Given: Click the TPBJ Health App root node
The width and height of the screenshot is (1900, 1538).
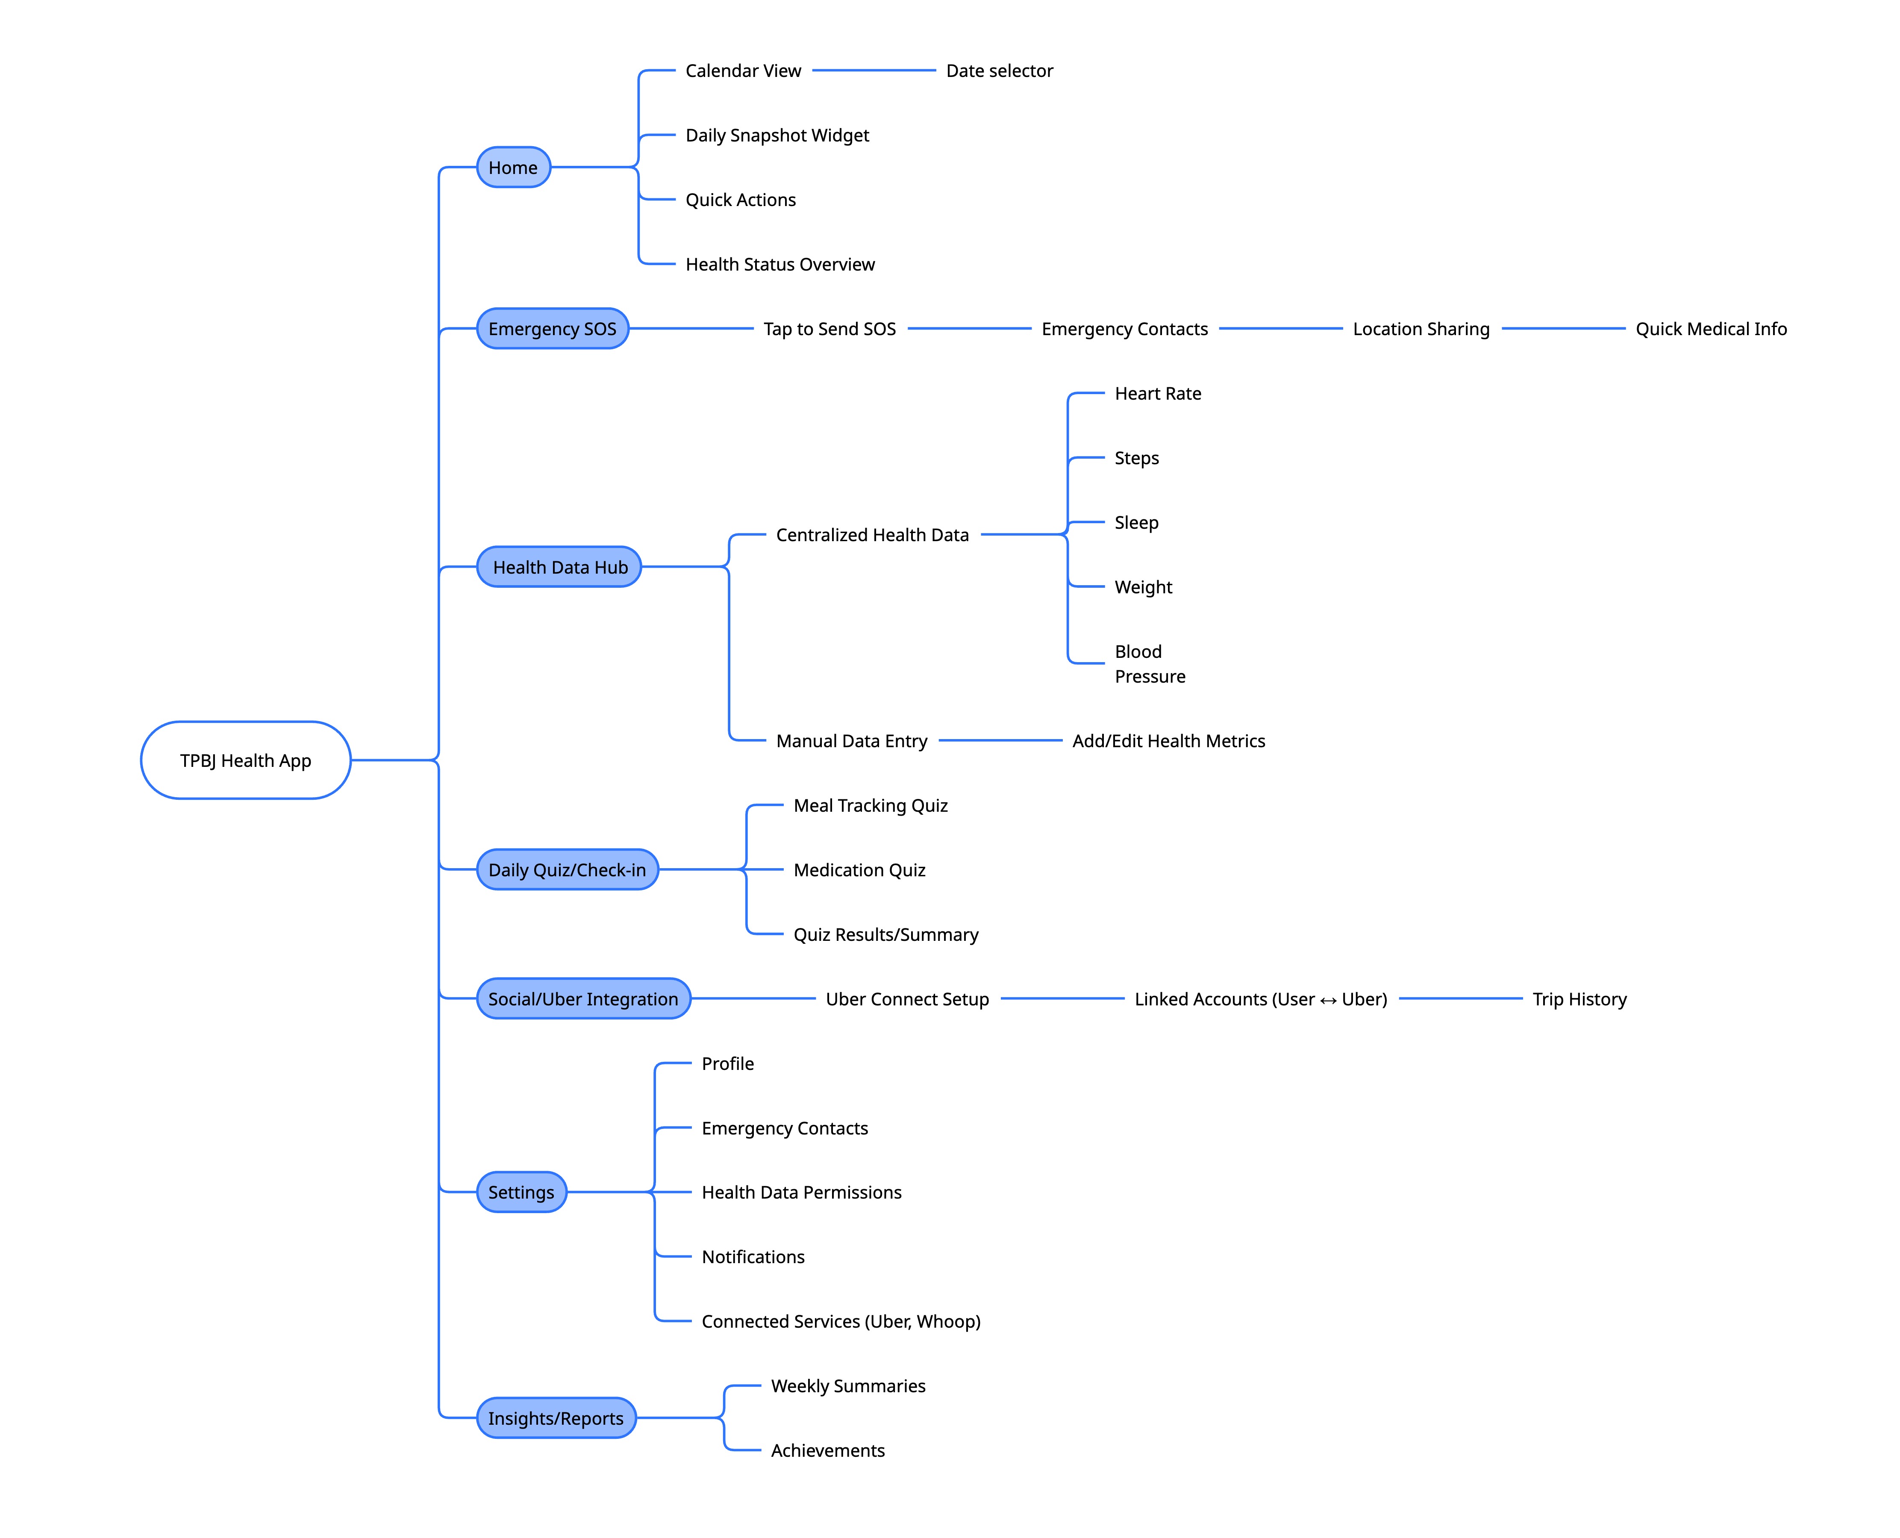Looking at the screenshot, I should point(245,760).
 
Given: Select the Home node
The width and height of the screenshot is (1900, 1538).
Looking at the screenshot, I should point(513,168).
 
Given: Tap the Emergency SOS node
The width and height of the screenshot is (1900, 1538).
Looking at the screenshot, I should point(552,329).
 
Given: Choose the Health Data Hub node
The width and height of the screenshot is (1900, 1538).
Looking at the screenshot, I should point(559,567).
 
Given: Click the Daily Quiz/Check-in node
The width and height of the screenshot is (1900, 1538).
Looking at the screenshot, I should point(567,870).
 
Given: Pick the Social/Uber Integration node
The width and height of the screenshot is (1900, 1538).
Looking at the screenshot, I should point(583,999).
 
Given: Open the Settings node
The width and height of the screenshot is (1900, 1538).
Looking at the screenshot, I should point(521,1193).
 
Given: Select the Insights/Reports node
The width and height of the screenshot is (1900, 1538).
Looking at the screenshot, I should point(556,1418).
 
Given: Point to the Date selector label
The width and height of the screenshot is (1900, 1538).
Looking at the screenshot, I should point(999,71).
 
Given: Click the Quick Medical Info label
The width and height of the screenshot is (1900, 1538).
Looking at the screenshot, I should point(1710,329).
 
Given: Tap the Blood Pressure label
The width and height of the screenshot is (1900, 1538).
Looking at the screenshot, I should point(1149,663).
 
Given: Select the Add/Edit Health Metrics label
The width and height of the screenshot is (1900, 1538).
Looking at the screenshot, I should point(1168,741).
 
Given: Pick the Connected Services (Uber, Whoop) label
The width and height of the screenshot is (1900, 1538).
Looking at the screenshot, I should point(841,1321).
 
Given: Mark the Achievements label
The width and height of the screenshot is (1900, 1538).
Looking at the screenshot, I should point(827,1450).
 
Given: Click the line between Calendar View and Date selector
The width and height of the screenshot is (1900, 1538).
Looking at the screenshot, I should point(874,70).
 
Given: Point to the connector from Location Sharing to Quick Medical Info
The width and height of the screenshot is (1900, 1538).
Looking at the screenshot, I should point(1563,329).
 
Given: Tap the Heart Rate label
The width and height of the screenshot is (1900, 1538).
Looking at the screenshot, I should point(1158,393).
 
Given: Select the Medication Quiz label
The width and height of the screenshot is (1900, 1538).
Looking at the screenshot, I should point(859,870).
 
